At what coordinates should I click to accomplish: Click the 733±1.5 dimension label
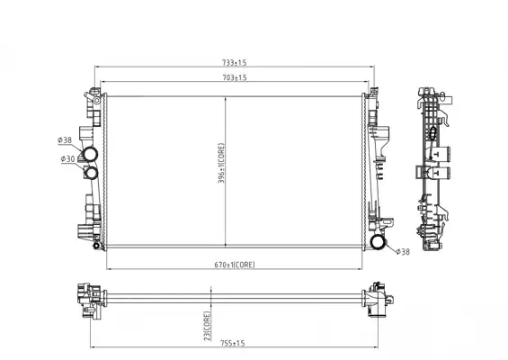[x=235, y=62]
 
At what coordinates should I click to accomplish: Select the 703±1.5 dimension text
[x=235, y=77]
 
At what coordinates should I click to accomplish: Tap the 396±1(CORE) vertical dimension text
[x=221, y=163]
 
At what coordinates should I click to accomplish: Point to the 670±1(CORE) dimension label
[x=235, y=265]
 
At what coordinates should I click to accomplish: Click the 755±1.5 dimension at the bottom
[x=233, y=343]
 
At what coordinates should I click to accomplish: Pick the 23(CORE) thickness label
[x=207, y=326]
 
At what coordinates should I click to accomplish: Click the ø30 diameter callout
[x=68, y=159]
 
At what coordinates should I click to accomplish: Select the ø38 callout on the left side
[x=65, y=140]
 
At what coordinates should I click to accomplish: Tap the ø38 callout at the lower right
[x=403, y=252]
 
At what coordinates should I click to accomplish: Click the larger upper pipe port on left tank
[x=90, y=154]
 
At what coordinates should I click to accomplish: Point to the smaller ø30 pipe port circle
[x=92, y=173]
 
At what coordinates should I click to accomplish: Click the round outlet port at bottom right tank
[x=378, y=242]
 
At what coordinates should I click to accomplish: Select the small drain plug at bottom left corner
[x=96, y=246]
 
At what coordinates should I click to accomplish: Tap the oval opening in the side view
[x=432, y=133]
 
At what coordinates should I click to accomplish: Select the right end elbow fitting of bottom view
[x=378, y=299]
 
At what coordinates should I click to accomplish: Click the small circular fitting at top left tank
[x=96, y=100]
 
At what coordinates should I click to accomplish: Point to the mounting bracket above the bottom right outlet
[x=385, y=224]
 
